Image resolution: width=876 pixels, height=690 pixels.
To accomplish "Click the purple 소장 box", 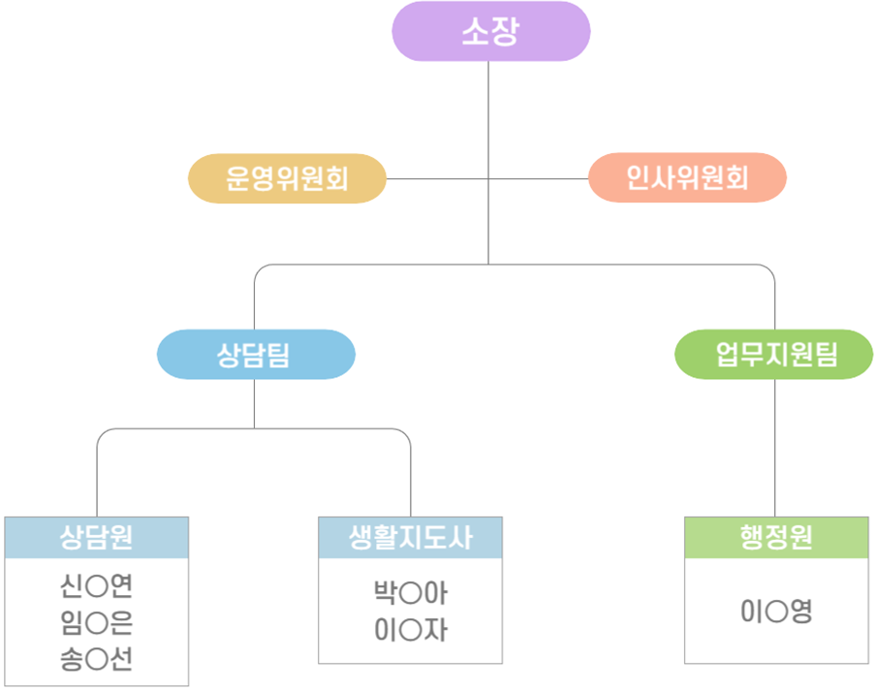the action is coord(491,31).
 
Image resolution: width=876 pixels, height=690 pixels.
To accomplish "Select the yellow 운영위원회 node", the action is coord(287,178).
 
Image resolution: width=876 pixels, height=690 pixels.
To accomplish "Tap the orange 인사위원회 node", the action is coord(687,177).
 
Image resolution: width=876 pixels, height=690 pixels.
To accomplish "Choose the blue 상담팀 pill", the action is coord(256,355).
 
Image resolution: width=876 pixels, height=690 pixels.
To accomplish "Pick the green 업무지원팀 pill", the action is coord(773,355).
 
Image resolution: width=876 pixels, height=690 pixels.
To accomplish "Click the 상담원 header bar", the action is coord(97,538).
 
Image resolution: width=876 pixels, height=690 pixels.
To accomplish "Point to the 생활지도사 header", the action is coord(410,538).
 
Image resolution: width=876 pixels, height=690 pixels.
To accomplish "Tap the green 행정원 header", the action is coord(776,538).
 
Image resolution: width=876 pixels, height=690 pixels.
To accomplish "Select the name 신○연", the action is coord(96,585).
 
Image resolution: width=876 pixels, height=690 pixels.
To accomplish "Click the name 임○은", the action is coord(96,622).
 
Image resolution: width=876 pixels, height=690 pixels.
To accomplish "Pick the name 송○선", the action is coord(96,659).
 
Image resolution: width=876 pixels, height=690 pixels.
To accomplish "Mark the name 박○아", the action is coord(411,593).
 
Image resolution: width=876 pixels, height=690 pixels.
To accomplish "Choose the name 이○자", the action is coord(411,630).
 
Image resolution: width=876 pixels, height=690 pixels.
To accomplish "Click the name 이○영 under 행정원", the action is coord(776,612).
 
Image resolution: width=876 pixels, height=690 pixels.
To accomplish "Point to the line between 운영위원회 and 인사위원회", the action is coord(487,178).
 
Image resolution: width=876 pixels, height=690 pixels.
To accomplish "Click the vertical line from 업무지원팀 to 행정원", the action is coord(775,448).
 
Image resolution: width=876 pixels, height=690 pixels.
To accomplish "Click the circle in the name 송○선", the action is coord(97,660).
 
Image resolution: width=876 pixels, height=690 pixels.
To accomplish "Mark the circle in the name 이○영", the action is coord(776,612).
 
